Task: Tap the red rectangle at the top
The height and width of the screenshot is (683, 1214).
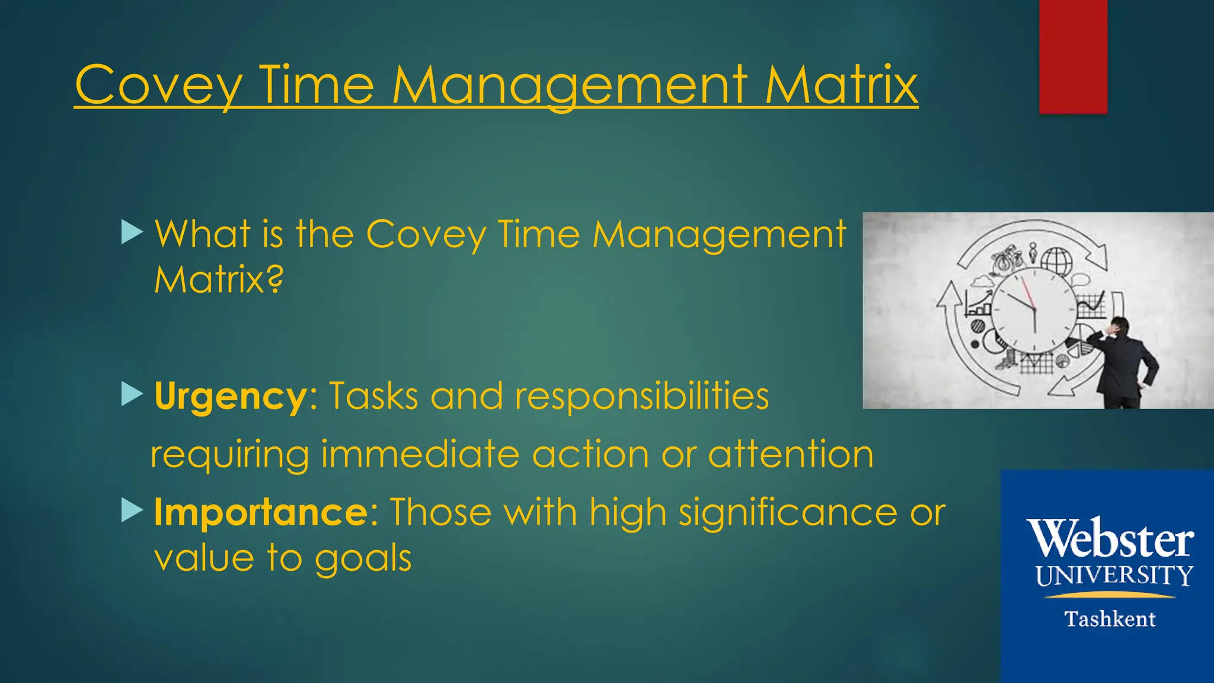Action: pyautogui.click(x=1073, y=56)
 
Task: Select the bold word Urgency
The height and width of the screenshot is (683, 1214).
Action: pyautogui.click(x=230, y=396)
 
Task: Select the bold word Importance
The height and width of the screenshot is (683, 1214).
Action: pyautogui.click(x=261, y=512)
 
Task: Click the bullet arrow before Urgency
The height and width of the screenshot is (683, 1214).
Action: pyautogui.click(x=132, y=394)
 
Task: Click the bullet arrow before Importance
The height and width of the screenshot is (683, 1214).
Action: pyautogui.click(x=132, y=510)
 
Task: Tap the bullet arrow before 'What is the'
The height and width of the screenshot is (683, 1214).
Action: pyautogui.click(x=132, y=232)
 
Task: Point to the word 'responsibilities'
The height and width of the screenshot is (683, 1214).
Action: pyautogui.click(x=641, y=396)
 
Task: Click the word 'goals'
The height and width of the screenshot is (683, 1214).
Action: pyautogui.click(x=363, y=559)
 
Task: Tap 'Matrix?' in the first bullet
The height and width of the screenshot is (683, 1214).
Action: pyautogui.click(x=219, y=279)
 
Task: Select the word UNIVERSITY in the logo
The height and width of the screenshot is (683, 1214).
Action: pyautogui.click(x=1114, y=576)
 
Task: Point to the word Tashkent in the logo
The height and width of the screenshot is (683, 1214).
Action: pyautogui.click(x=1110, y=619)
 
